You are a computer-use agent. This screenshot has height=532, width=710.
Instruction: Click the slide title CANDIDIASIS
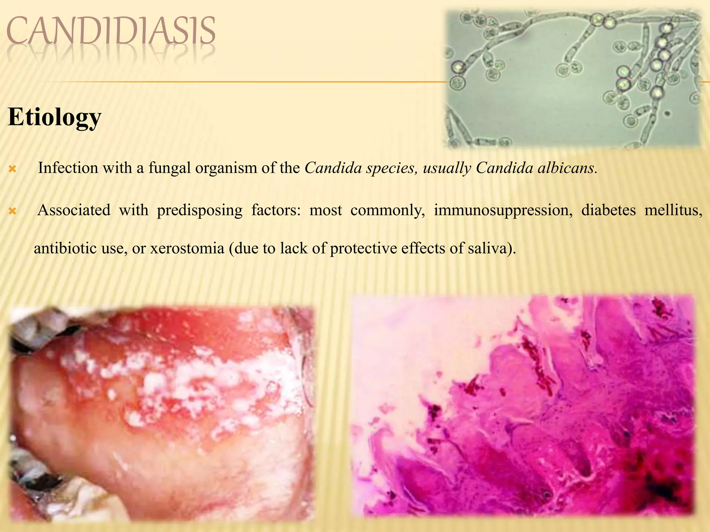point(111,32)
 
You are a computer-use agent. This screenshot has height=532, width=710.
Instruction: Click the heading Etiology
point(54,117)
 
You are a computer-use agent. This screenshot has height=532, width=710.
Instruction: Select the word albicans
point(566,168)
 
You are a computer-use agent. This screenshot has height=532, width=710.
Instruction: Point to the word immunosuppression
point(503,210)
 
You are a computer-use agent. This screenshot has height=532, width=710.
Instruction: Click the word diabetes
point(608,210)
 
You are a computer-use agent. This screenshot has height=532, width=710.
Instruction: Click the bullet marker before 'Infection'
point(12,169)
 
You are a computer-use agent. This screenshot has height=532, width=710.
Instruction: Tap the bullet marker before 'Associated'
point(12,211)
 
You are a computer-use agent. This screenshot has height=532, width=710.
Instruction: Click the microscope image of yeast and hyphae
point(574,80)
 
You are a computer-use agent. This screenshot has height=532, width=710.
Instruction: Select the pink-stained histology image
point(523,405)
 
